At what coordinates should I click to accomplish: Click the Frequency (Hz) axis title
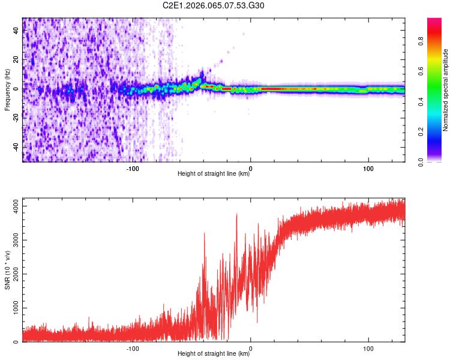click(7, 90)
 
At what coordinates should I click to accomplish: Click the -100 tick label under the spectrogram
click(133, 167)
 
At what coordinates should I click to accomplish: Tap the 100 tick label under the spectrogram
click(367, 167)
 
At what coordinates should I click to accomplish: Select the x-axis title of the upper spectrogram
click(214, 174)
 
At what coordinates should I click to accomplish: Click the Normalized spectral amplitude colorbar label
click(446, 90)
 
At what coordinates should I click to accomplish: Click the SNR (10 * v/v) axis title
click(7, 270)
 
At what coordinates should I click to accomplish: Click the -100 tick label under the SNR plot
click(133, 348)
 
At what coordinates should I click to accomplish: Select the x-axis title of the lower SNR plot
click(214, 354)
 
